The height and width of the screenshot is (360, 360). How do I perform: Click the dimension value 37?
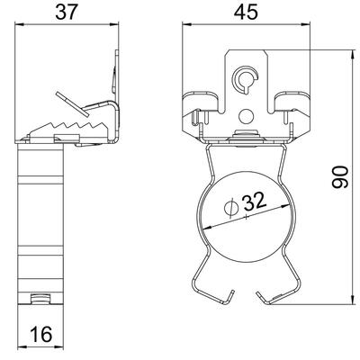tap(67, 12)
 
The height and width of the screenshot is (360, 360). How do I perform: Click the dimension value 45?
tap(246, 12)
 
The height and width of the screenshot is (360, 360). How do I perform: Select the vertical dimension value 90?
tap(339, 177)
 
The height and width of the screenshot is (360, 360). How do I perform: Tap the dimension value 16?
tap(41, 334)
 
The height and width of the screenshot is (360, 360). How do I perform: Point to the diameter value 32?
tap(255, 201)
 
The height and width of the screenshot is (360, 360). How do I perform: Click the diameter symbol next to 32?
tap(231, 209)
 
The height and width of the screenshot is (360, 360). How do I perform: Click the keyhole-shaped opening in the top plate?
tap(245, 79)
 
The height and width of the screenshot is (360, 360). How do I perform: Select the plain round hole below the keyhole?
tap(247, 116)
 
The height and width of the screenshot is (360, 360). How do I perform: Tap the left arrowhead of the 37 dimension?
tap(18, 25)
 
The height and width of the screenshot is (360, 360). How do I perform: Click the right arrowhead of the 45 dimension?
tap(306, 25)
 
